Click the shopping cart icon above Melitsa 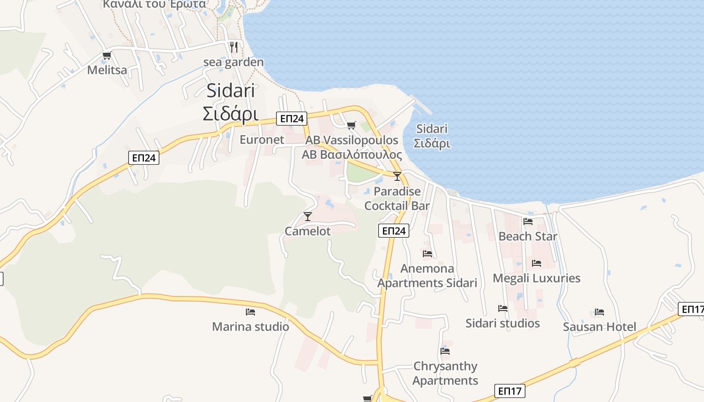(107, 56)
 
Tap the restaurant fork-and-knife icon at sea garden (233, 47)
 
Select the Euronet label (261, 140)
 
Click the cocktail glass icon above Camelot (308, 217)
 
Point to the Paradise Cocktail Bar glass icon (397, 176)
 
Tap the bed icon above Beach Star (527, 221)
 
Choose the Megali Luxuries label (536, 278)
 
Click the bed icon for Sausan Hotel (599, 312)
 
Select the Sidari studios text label (502, 323)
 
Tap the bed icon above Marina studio (250, 312)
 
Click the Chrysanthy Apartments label (445, 373)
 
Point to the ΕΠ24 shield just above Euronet (292, 119)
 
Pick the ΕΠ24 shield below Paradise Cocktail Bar (393, 231)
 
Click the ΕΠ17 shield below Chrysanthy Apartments (510, 390)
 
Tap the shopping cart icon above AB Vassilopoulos (351, 125)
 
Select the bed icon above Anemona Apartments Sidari (427, 254)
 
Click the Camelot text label (308, 231)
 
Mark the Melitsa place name (107, 70)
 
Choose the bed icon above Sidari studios (502, 309)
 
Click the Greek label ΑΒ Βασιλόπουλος (352, 154)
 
